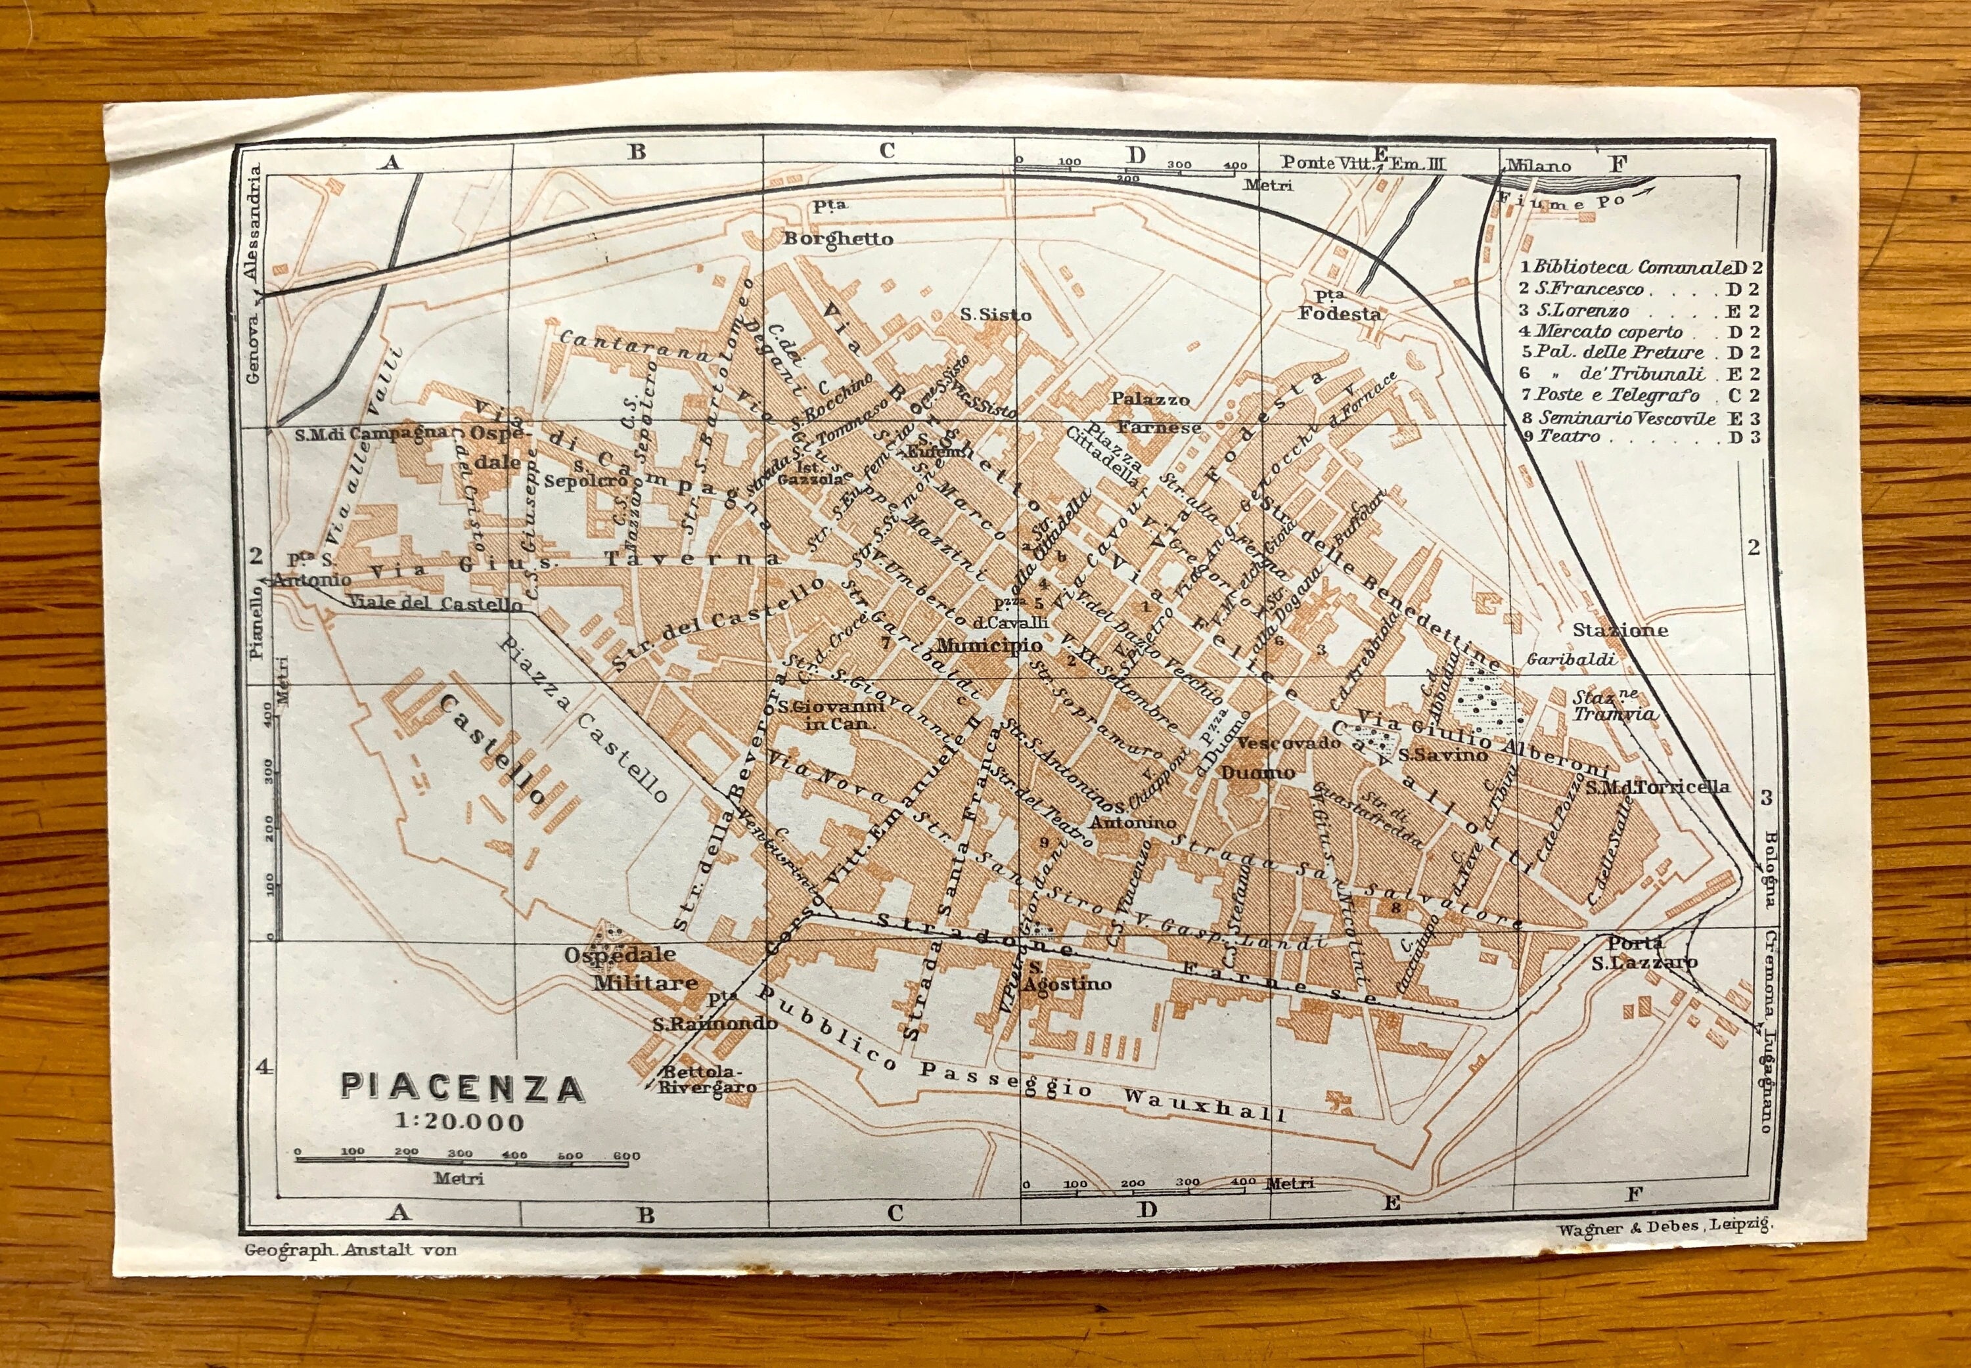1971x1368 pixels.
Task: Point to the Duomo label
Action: pos(1257,773)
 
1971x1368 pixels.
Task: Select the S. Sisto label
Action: pos(995,315)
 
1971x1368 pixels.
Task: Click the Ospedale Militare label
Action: pos(632,969)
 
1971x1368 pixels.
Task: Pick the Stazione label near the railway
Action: pos(1620,630)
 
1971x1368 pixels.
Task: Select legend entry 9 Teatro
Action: pos(1570,436)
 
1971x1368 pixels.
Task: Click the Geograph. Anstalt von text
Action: pos(351,1250)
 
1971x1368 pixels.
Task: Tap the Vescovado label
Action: pos(1288,742)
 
